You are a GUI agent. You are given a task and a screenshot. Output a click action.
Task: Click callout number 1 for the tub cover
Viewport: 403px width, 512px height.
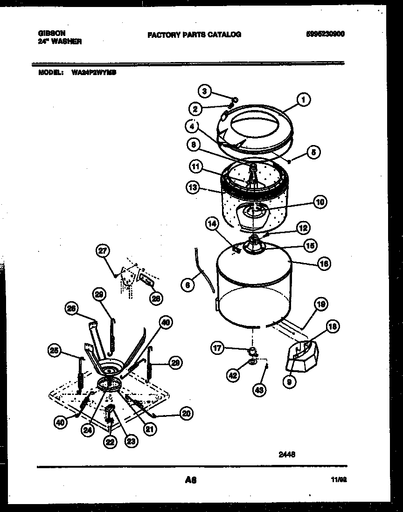pos(303,99)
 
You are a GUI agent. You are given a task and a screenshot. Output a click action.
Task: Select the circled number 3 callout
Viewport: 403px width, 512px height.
pos(204,91)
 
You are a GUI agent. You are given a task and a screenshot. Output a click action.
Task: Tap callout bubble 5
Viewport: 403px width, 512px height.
pos(314,152)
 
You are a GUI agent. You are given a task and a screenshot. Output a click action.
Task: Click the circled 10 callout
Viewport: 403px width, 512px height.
pos(320,202)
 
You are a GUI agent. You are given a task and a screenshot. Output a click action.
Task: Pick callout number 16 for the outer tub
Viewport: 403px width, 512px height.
pos(324,263)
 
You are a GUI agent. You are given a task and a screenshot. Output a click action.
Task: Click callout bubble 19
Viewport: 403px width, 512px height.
pos(320,304)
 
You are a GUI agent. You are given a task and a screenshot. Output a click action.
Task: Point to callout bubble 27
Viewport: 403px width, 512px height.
pos(102,251)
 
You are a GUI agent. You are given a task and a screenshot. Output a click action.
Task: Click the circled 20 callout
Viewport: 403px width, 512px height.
pos(186,413)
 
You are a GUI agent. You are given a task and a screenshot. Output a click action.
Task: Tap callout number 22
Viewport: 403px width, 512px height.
pos(110,443)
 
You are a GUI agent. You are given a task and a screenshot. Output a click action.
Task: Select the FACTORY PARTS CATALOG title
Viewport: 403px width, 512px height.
pos(194,34)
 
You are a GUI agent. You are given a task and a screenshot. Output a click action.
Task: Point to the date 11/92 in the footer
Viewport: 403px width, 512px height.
pos(339,479)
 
